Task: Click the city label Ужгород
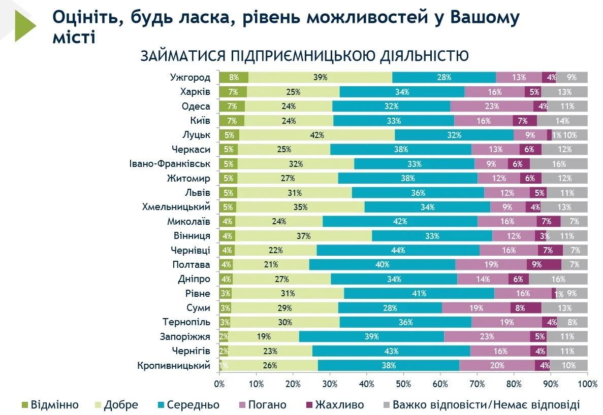189,78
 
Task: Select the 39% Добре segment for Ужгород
320,78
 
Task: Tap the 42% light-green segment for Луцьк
317,135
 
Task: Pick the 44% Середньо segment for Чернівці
398,251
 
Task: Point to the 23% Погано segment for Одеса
492,107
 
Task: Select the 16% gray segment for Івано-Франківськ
558,164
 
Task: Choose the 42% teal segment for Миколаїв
400,222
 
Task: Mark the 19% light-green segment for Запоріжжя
264,337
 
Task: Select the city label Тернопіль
186,322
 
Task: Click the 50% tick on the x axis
403,384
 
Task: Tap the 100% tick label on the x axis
587,384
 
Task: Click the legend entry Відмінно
54,405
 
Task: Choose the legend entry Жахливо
339,405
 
